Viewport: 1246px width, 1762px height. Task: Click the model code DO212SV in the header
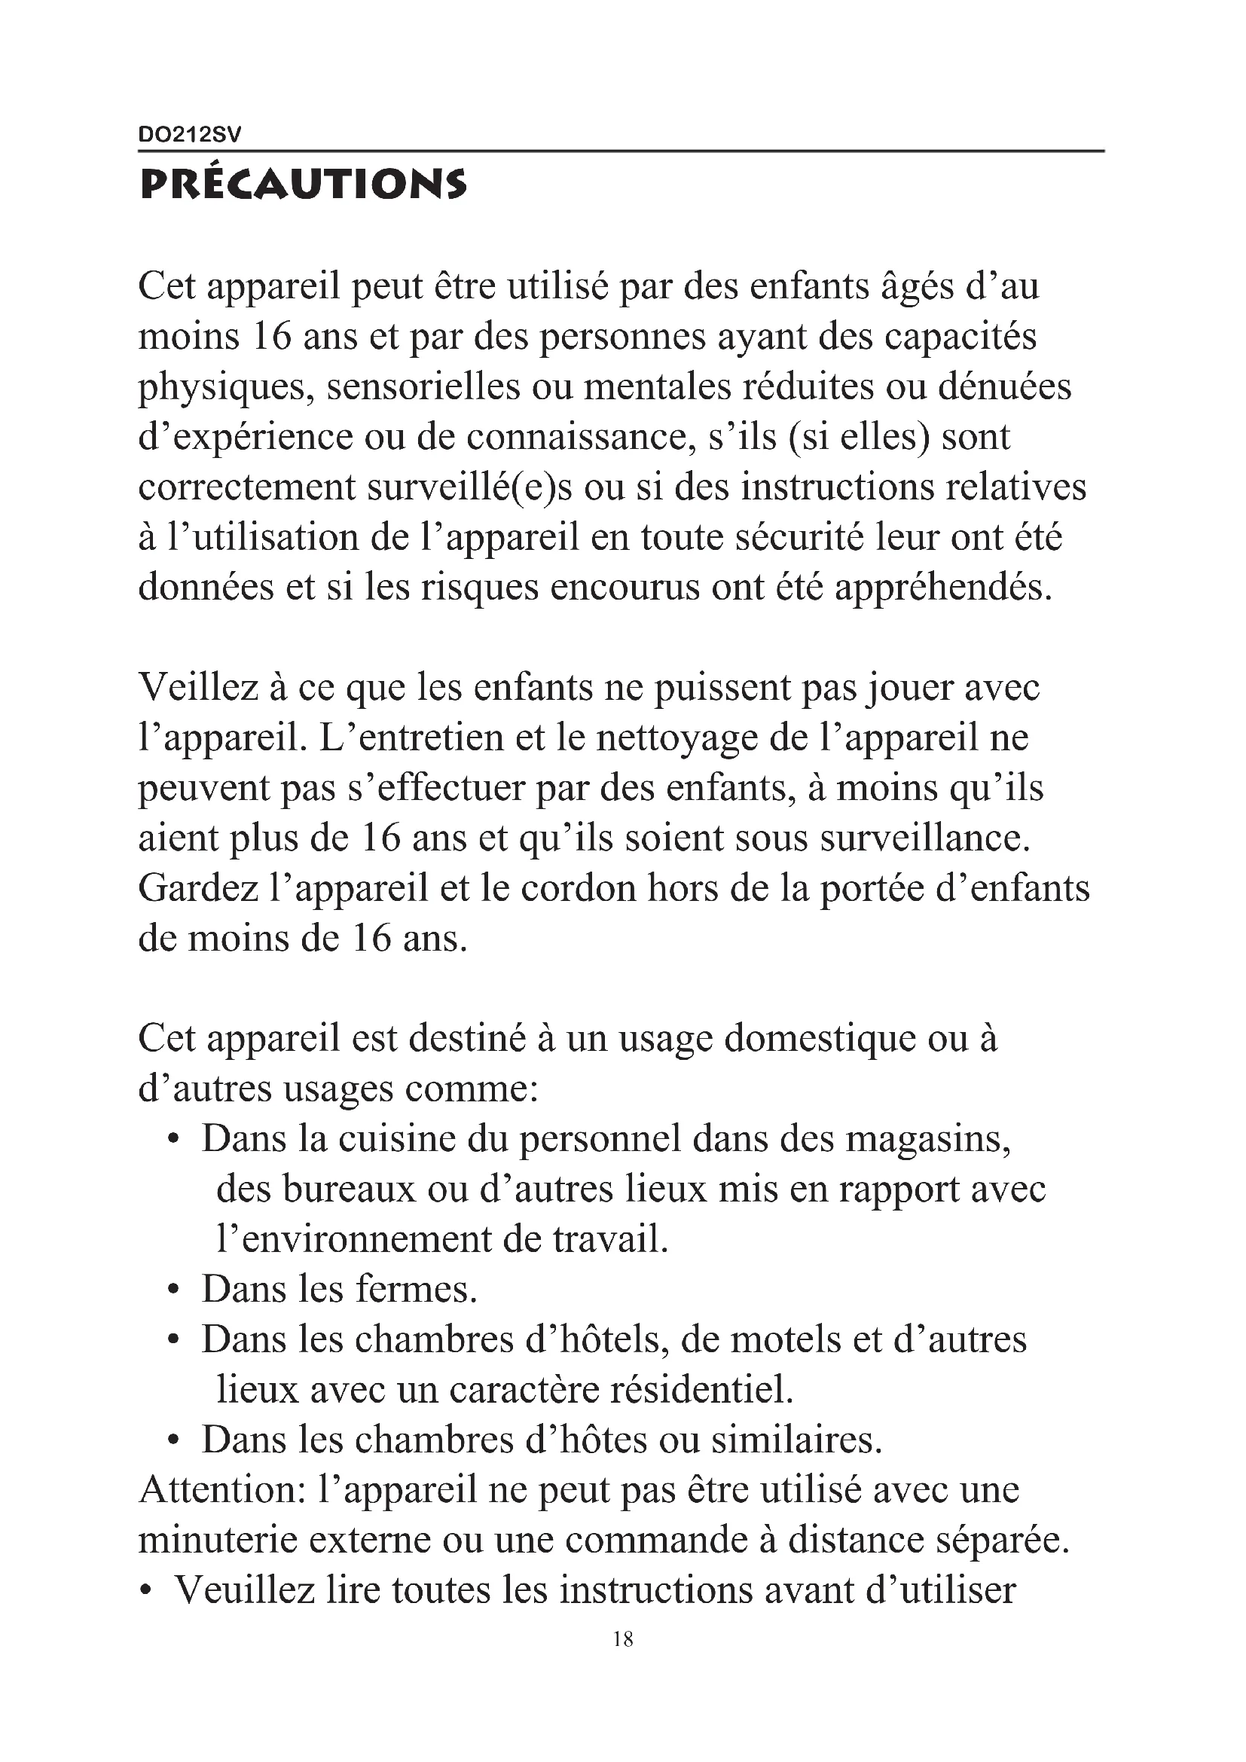[x=190, y=135]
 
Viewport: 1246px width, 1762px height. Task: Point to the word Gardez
[x=198, y=889]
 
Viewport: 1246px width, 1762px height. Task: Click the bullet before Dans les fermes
[x=174, y=1292]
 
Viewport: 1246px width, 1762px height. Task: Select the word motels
[x=785, y=1341]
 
